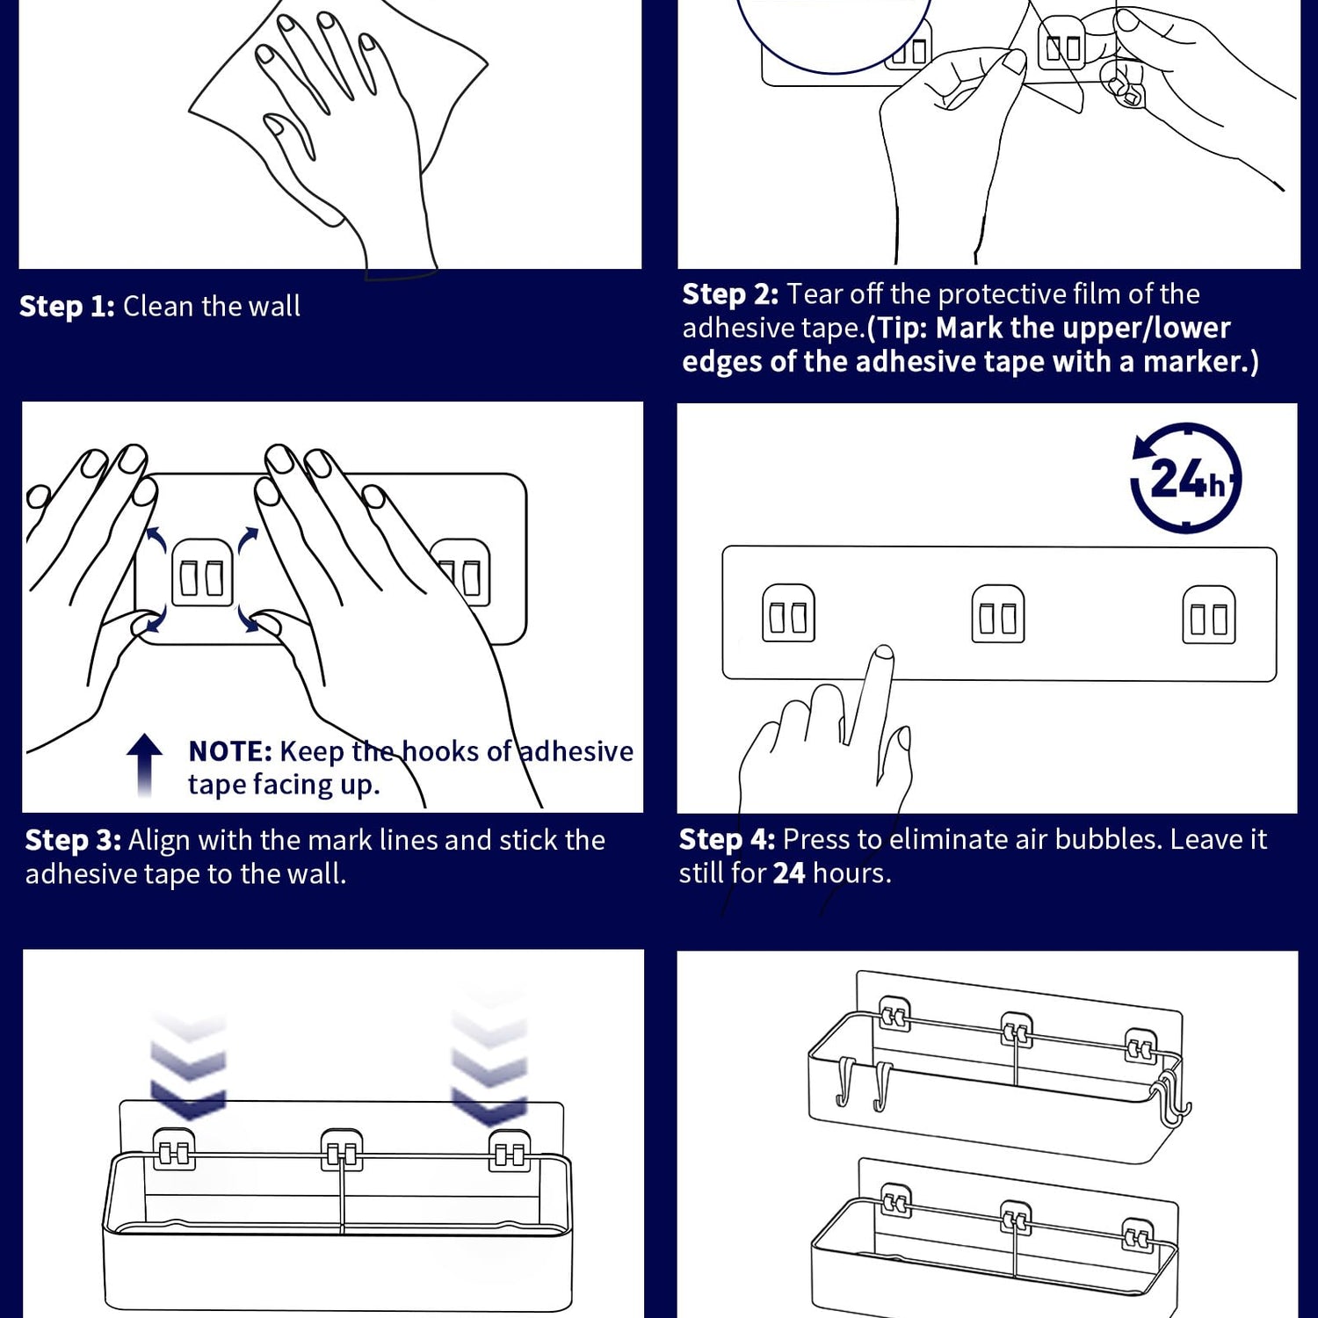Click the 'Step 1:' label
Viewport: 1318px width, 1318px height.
[x=67, y=307]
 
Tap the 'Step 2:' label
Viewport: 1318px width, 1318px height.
[x=729, y=294]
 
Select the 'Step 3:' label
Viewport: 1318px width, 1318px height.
[x=73, y=841]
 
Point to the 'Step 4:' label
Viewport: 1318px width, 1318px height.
[x=727, y=840]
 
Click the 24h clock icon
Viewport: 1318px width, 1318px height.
[x=1185, y=478]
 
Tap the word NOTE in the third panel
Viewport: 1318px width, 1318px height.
[x=230, y=752]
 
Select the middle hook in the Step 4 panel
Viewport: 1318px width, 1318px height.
[x=997, y=614]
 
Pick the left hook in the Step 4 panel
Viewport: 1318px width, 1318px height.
[x=788, y=613]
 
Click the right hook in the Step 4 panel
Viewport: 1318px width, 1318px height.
[x=1208, y=615]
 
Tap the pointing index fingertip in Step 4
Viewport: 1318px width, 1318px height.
[x=883, y=655]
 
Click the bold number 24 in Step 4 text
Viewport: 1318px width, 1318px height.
[x=788, y=873]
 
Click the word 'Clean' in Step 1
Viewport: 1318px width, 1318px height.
[x=158, y=307]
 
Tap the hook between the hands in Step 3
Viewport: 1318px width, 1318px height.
[x=202, y=574]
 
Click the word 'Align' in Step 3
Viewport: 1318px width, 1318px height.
[x=159, y=841]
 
